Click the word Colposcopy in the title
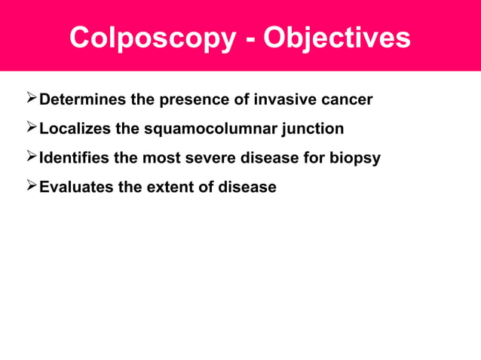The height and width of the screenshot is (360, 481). [x=152, y=38]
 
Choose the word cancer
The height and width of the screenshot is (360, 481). [x=346, y=100]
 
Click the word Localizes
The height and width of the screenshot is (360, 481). [x=75, y=130]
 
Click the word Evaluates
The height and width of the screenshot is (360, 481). [x=76, y=187]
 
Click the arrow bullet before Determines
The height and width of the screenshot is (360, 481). [x=30, y=99]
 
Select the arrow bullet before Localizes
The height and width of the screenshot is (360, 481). [x=30, y=129]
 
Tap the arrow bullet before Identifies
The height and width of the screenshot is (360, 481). [x=30, y=157]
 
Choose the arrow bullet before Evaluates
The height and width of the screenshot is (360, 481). [x=30, y=186]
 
